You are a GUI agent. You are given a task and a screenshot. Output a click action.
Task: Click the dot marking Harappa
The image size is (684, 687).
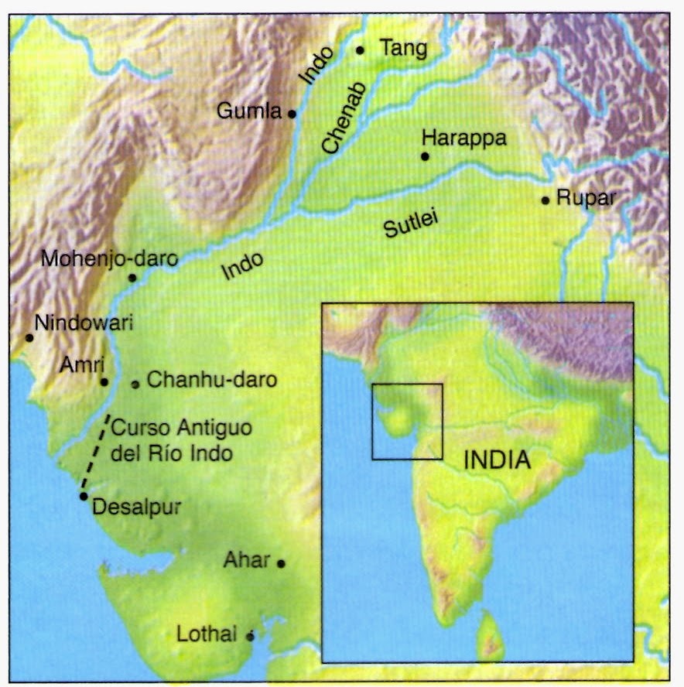(x=424, y=156)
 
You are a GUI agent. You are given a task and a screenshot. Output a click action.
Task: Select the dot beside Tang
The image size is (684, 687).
(x=360, y=50)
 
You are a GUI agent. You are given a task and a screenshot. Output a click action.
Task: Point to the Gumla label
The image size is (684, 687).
(x=249, y=111)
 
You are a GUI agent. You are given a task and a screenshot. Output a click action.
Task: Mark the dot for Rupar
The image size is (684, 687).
(x=545, y=200)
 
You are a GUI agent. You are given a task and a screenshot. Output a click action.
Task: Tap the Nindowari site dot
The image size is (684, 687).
(x=29, y=337)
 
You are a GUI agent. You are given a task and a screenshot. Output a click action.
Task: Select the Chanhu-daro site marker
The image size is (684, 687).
(x=135, y=384)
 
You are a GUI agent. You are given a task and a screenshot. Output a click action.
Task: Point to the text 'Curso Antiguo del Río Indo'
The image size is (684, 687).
(x=172, y=440)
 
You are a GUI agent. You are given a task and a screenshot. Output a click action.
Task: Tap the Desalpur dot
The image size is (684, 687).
(x=83, y=496)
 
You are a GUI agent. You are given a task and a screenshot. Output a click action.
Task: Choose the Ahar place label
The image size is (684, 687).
(x=247, y=559)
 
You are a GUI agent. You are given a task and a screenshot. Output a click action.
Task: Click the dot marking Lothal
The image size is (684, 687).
(x=250, y=637)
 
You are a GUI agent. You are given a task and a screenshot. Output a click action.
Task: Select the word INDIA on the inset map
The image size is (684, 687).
(x=497, y=460)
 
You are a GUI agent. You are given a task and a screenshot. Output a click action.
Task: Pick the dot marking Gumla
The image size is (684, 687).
(x=292, y=113)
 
